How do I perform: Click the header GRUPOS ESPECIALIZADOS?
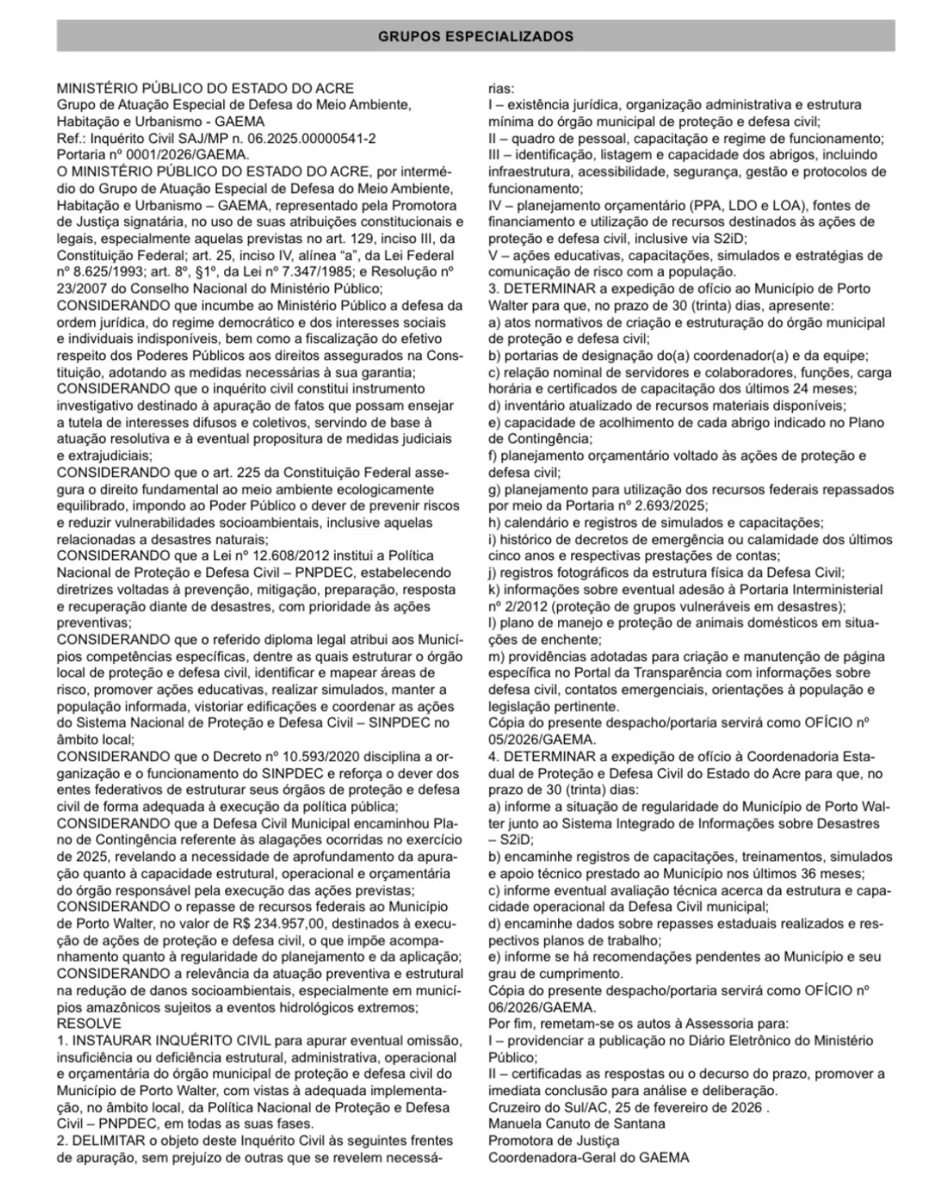click(x=475, y=37)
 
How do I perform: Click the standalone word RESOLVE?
click(x=89, y=1024)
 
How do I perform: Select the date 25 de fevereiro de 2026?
click(x=689, y=1107)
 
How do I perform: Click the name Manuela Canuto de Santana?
click(x=576, y=1125)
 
